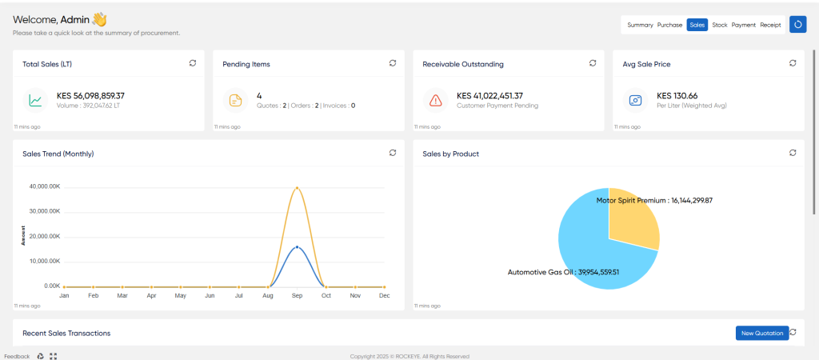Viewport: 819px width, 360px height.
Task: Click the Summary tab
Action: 640,25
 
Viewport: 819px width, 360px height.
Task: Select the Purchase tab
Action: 669,25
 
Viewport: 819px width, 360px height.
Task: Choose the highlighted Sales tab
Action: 697,25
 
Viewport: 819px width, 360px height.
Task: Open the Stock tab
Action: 719,25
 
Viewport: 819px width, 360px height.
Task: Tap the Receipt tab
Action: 770,25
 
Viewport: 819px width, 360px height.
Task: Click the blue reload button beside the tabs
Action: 797,25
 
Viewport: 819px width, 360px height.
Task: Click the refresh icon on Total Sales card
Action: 193,63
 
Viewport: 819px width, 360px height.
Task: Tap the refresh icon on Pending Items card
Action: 393,63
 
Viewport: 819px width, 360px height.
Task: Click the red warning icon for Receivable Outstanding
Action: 436,100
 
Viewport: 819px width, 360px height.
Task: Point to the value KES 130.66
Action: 677,96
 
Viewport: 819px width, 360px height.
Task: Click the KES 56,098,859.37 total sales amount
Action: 90,96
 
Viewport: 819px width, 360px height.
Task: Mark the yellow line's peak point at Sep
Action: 298,187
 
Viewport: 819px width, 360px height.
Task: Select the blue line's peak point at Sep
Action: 298,246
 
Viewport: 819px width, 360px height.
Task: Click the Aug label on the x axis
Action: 268,296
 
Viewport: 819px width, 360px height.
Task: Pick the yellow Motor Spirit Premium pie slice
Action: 632,219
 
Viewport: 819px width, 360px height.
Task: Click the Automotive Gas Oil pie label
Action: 563,272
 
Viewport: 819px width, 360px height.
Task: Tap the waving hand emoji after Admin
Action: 99,20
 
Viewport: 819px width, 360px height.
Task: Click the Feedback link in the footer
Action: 18,356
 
